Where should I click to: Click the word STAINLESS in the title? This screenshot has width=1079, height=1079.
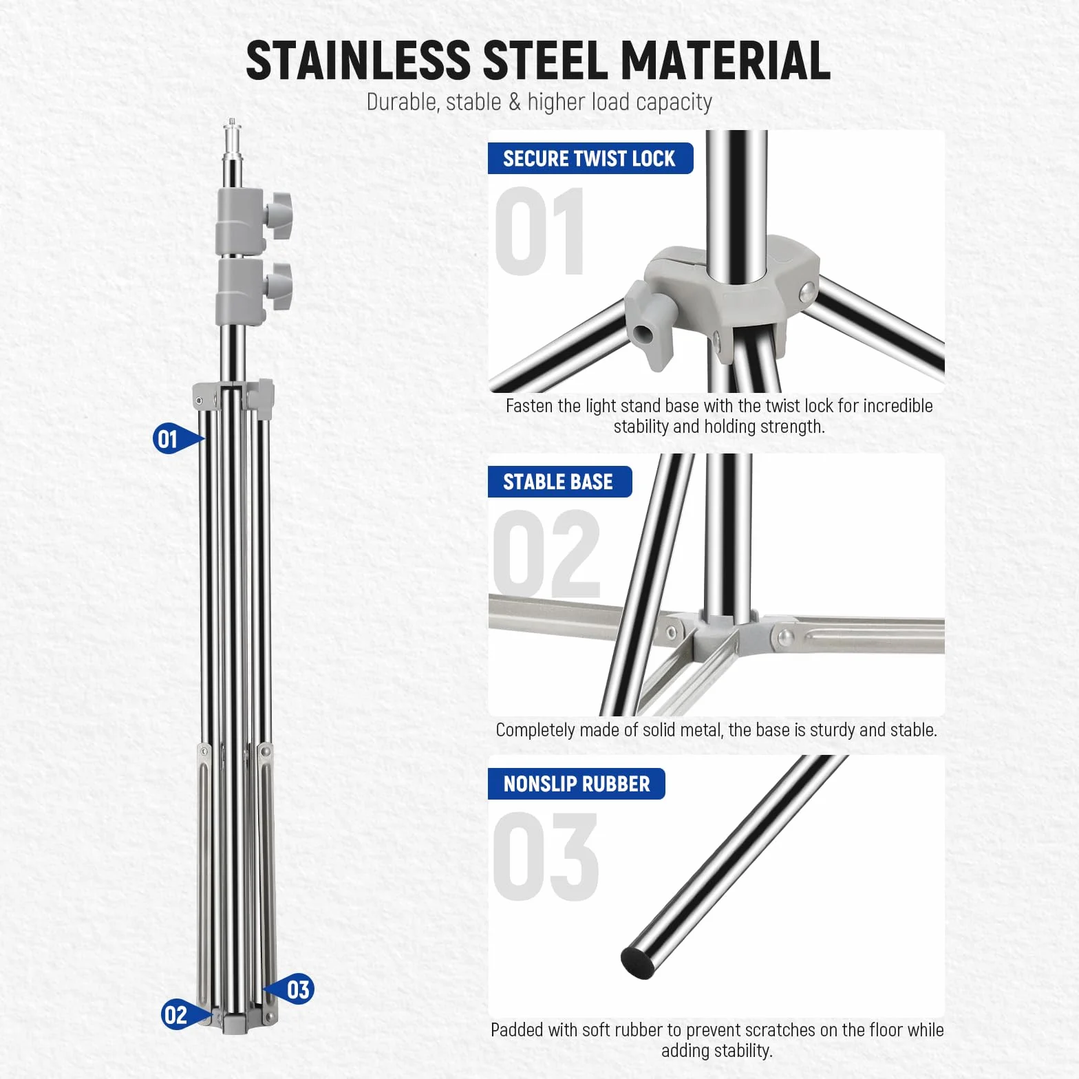(358, 60)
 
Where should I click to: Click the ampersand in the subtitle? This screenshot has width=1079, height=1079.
(515, 102)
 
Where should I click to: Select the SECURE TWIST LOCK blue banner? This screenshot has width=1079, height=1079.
(590, 158)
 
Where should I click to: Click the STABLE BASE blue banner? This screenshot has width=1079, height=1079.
(559, 482)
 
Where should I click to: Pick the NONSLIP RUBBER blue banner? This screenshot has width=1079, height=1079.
(577, 784)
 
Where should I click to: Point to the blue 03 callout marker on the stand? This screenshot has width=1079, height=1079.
(290, 990)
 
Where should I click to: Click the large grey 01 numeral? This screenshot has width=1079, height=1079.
(540, 231)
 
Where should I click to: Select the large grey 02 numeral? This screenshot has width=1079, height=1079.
(546, 555)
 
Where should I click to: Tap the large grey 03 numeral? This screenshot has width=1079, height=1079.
(546, 857)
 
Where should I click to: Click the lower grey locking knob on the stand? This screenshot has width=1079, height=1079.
(279, 285)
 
